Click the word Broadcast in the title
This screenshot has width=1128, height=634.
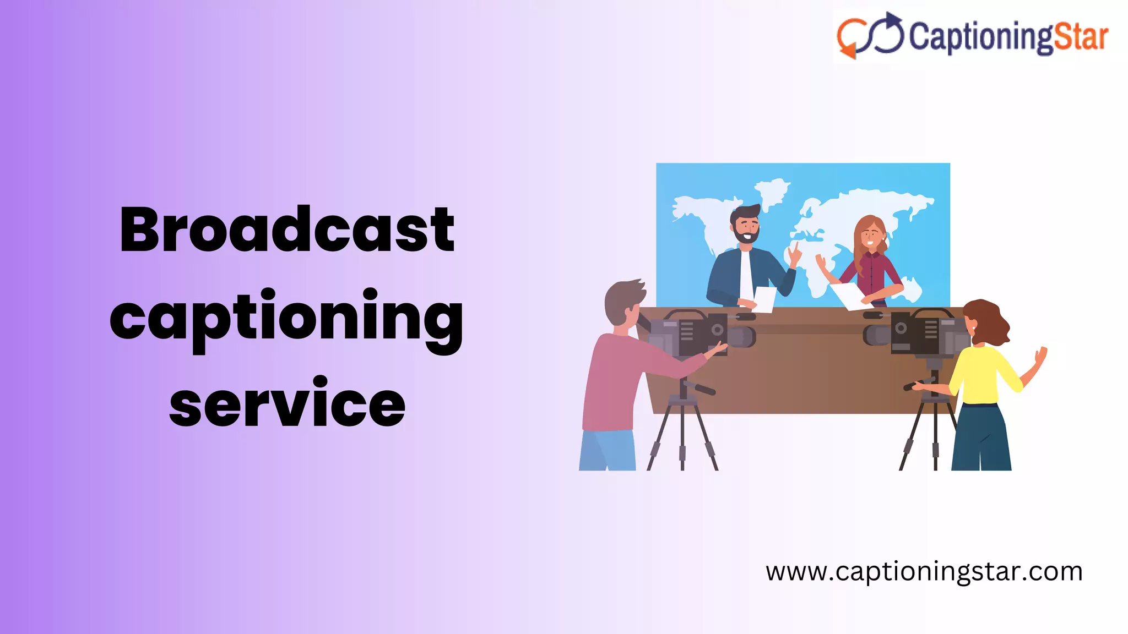click(286, 229)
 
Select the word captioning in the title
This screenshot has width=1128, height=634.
click(286, 318)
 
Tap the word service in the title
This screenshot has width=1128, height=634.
click(287, 403)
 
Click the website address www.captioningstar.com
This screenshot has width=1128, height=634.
click(924, 571)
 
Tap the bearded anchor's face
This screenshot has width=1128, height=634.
click(746, 226)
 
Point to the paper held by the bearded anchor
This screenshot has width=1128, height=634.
click(764, 299)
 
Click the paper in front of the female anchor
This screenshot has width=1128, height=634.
click(848, 295)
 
